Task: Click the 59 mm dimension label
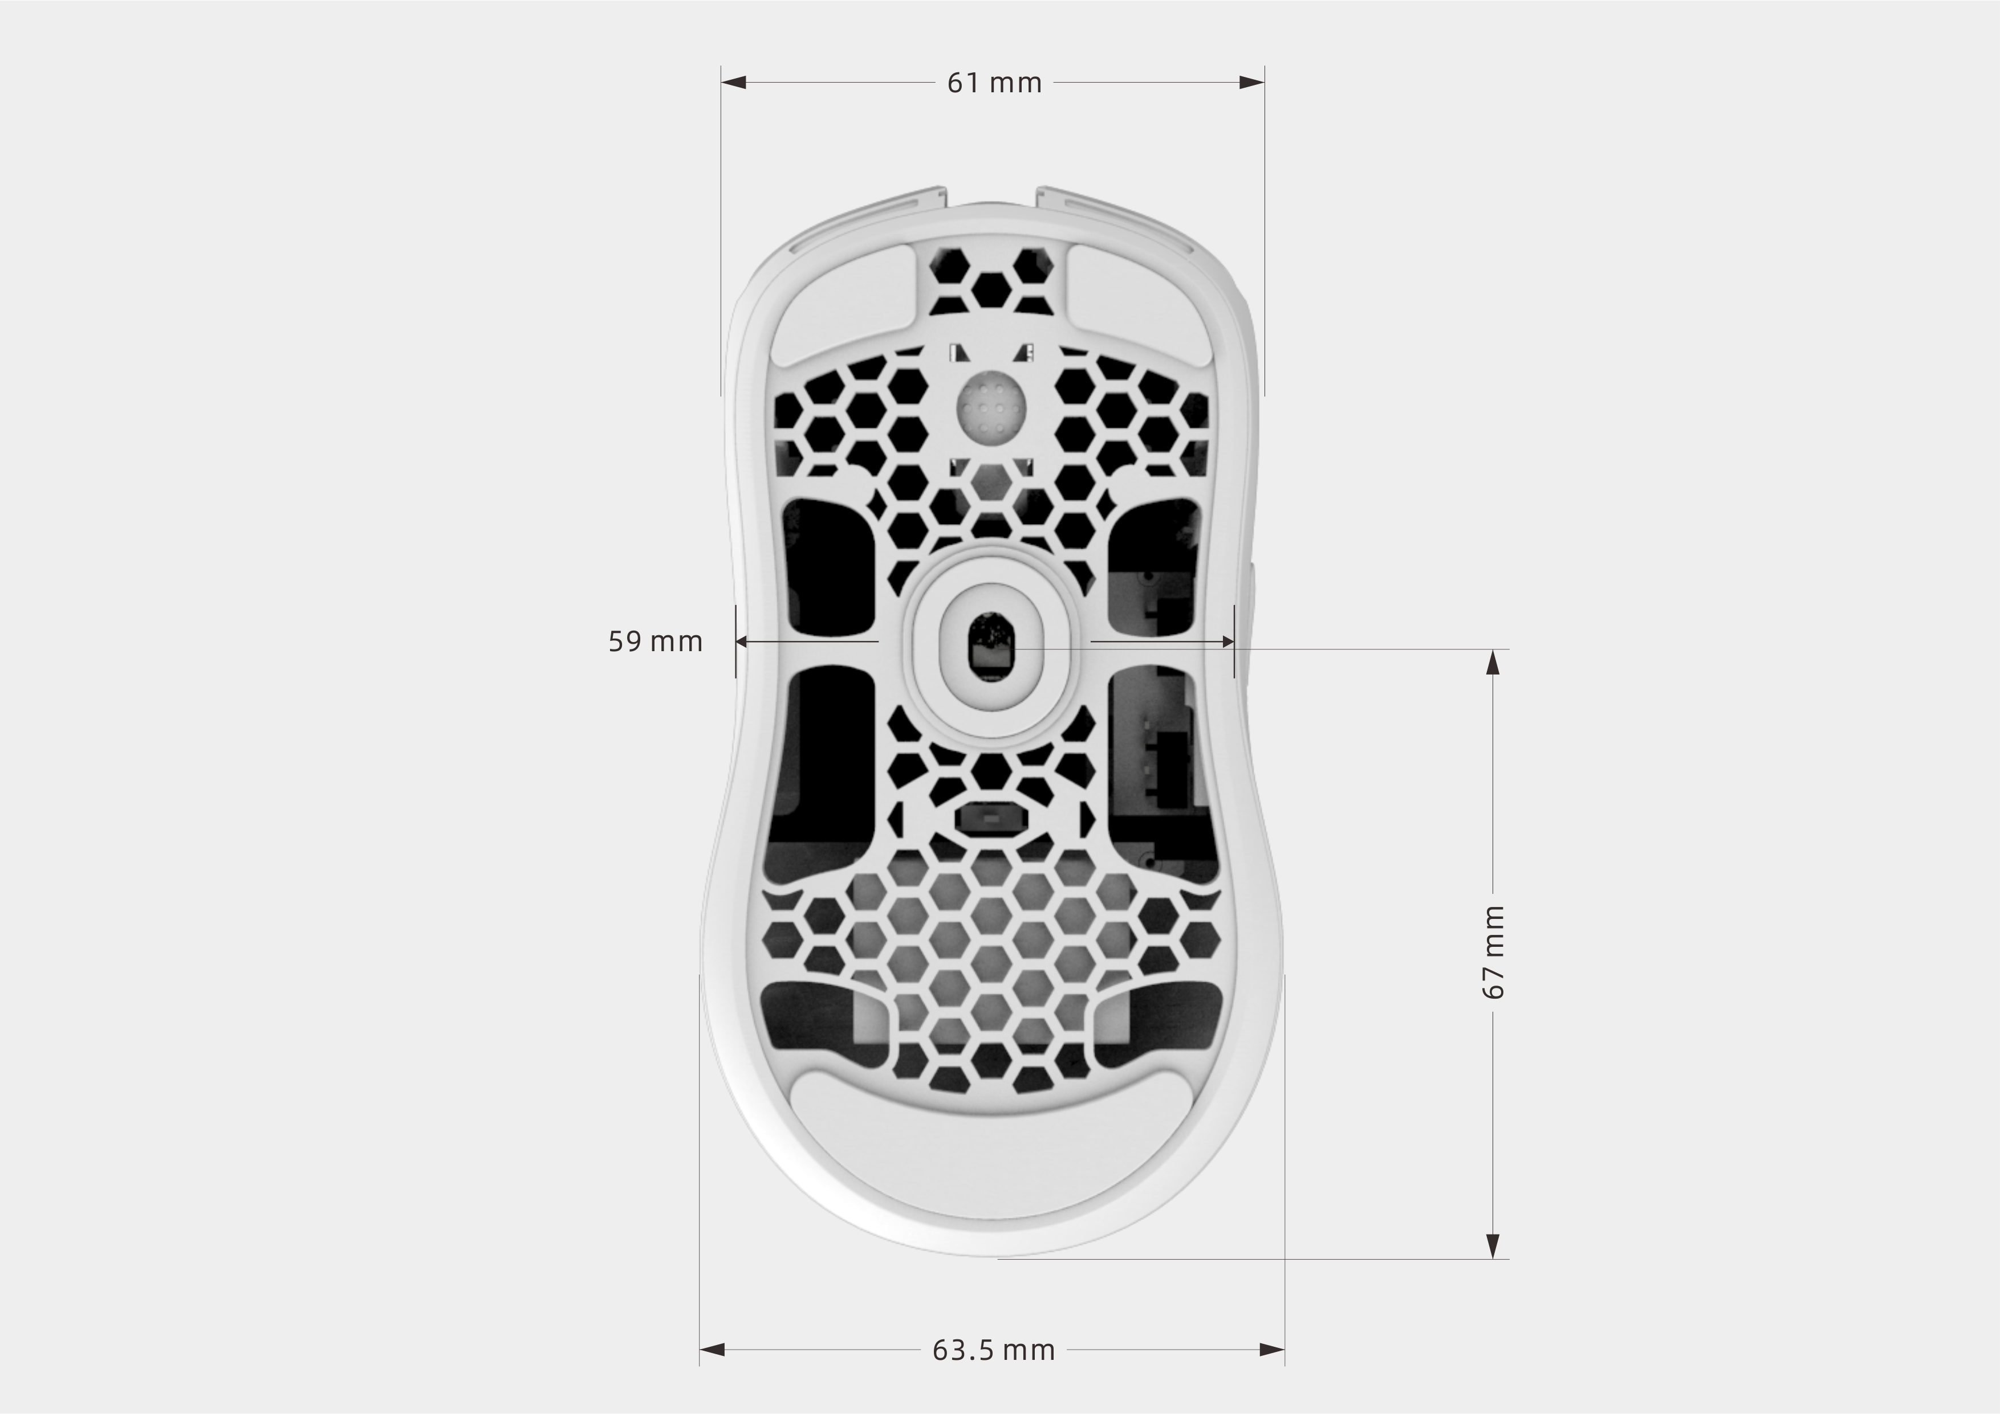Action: [x=655, y=641]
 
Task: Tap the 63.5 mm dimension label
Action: [x=994, y=1350]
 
